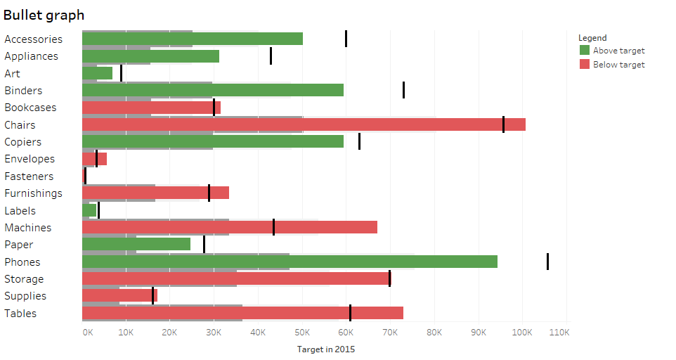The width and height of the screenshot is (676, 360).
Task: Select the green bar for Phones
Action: [x=290, y=262]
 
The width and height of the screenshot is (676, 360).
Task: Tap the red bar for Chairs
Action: [x=304, y=124]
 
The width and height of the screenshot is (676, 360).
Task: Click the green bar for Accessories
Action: [x=193, y=39]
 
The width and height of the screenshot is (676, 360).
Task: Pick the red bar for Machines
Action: [x=230, y=227]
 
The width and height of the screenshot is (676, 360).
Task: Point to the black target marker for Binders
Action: [x=403, y=90]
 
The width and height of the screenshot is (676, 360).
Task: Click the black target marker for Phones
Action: [x=547, y=262]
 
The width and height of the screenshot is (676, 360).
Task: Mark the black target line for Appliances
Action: [x=271, y=56]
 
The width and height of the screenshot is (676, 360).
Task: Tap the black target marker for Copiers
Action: [x=359, y=141]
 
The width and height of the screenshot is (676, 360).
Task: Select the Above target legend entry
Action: [x=618, y=51]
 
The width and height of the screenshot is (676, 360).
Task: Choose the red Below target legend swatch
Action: [x=585, y=65]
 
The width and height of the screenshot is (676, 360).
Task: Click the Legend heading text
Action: [x=592, y=38]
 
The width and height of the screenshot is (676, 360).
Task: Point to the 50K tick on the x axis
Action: [x=302, y=332]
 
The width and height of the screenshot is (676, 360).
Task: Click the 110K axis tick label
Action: [x=557, y=332]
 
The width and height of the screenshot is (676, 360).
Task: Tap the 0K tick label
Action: [x=87, y=332]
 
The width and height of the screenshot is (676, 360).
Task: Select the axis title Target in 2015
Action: [x=325, y=349]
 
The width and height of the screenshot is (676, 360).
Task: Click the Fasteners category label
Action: [x=29, y=176]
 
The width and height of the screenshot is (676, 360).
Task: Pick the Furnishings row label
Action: [x=33, y=193]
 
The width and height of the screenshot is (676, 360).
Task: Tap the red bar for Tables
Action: [x=242, y=313]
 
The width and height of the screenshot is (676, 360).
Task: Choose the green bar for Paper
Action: [x=136, y=244]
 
